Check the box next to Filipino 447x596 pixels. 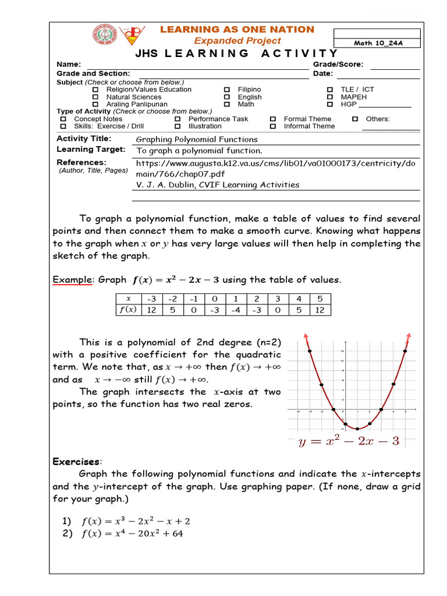[x=227, y=90]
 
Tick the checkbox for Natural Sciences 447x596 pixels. [x=95, y=97]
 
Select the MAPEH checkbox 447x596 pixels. [x=329, y=97]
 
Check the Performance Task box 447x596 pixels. [x=177, y=119]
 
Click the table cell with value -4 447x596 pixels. [x=236, y=309]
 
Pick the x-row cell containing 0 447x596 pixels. [x=215, y=299]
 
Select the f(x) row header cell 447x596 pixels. [x=127, y=309]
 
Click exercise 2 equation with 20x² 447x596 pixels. [x=132, y=533]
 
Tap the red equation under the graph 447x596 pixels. [x=349, y=441]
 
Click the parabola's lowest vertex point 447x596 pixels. [x=357, y=428]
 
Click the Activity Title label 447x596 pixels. [x=84, y=139]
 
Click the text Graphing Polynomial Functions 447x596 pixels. [x=196, y=139]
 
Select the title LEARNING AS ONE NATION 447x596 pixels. [x=237, y=29]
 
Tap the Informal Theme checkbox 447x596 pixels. [x=272, y=126]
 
